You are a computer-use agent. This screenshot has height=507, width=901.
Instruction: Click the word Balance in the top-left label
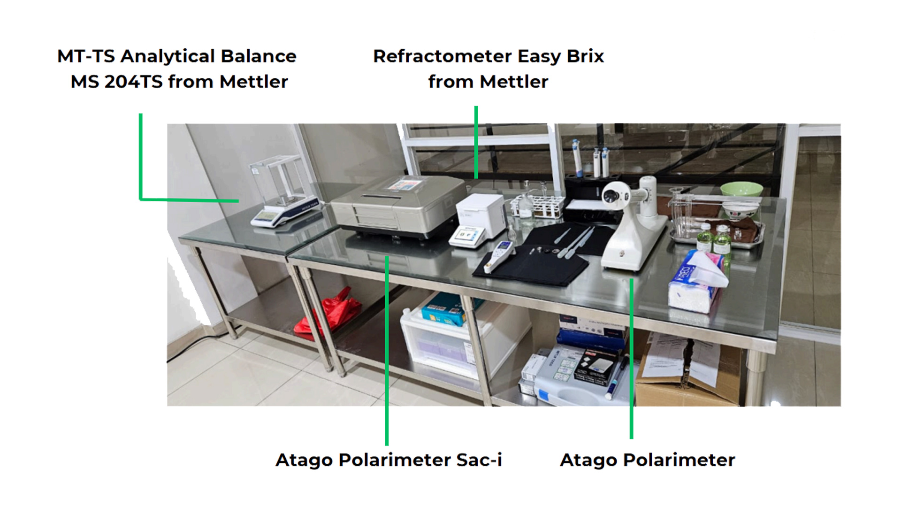(258, 56)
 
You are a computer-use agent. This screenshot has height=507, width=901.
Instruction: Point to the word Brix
(585, 56)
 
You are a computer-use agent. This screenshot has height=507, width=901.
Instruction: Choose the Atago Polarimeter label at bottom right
(647, 460)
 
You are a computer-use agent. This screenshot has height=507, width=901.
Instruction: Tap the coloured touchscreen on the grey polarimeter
(404, 184)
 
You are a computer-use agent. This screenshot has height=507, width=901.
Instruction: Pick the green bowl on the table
(741, 189)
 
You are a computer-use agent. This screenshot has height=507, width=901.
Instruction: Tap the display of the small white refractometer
(466, 233)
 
